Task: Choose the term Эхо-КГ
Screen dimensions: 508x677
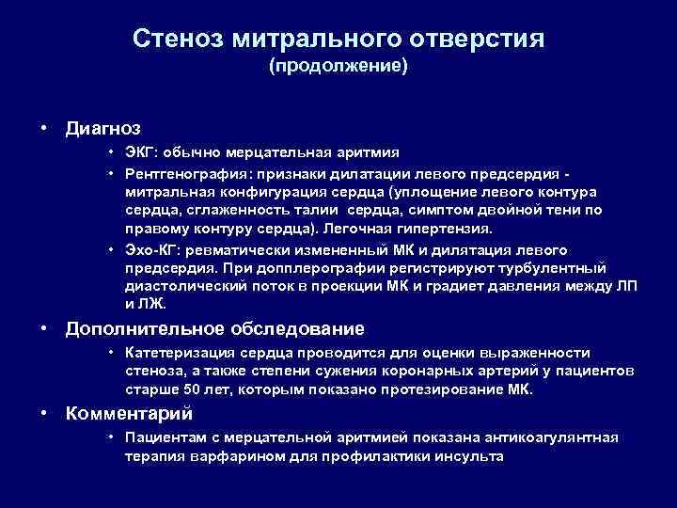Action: (x=150, y=249)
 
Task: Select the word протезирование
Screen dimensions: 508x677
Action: (x=439, y=389)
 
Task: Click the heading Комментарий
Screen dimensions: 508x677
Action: (x=129, y=413)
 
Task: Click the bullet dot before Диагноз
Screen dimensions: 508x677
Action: (x=45, y=125)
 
